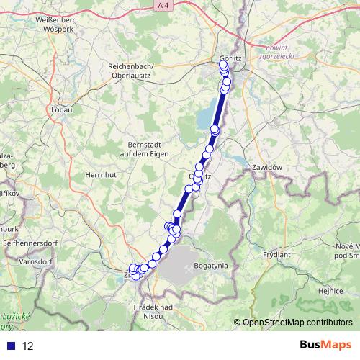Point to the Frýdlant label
[276, 254]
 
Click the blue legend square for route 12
[11, 345]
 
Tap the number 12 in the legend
[29, 346]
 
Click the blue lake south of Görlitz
[205, 115]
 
